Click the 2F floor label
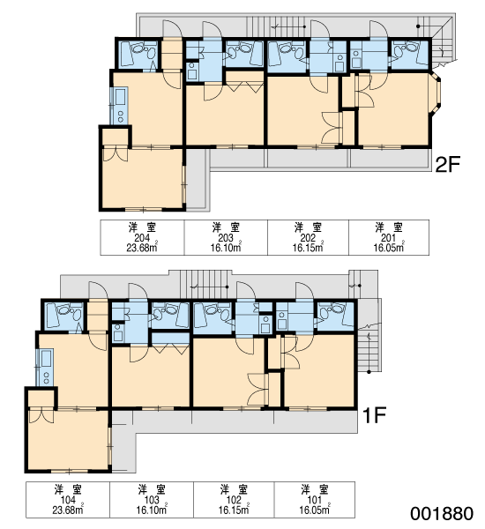[x=448, y=165]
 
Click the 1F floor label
[x=374, y=415]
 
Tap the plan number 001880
[x=442, y=513]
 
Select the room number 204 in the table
[x=142, y=238]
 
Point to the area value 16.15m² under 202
[x=308, y=248]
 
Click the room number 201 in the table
[x=388, y=238]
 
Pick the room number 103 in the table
[x=152, y=500]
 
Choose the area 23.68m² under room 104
[x=68, y=510]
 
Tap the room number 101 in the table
[x=314, y=500]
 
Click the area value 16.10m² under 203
[x=226, y=248]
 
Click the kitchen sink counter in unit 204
[x=119, y=105]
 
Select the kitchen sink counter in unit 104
[x=45, y=367]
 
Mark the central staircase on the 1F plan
[x=205, y=284]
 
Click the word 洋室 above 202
[x=308, y=227]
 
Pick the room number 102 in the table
[x=234, y=500]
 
